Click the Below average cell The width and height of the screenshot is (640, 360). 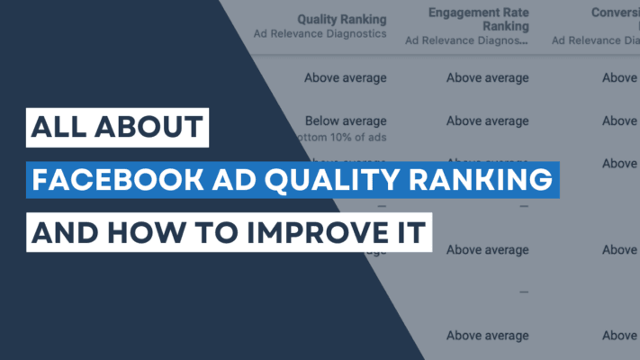(345, 121)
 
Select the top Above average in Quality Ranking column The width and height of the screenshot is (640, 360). (345, 77)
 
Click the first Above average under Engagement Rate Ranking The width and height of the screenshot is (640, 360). (487, 77)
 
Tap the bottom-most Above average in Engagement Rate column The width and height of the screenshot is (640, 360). (487, 336)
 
